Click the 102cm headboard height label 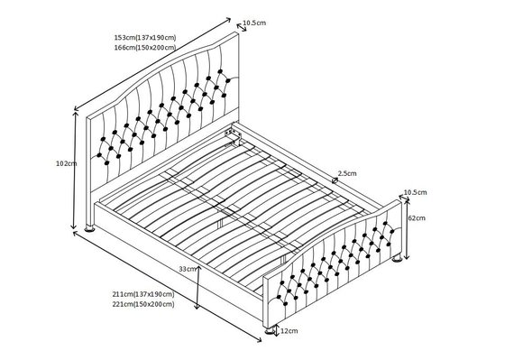tap(67, 163)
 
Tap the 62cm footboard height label tap(417, 218)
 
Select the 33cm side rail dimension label tap(188, 269)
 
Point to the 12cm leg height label tap(289, 331)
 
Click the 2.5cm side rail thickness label tap(347, 173)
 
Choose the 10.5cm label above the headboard tap(254, 23)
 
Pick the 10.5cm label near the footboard tap(416, 192)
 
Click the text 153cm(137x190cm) tap(145, 37)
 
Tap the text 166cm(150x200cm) tap(145, 48)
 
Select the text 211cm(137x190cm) tap(143, 294)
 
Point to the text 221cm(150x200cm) tap(143, 304)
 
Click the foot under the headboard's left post tap(89, 228)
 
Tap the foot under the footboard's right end tap(397, 258)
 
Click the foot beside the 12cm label tap(270, 330)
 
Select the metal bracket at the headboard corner tap(234, 135)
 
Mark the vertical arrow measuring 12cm tap(276, 330)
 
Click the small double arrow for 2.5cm tap(335, 180)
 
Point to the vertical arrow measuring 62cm tap(407, 229)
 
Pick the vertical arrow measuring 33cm tap(197, 288)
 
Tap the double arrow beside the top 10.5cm tap(242, 27)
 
